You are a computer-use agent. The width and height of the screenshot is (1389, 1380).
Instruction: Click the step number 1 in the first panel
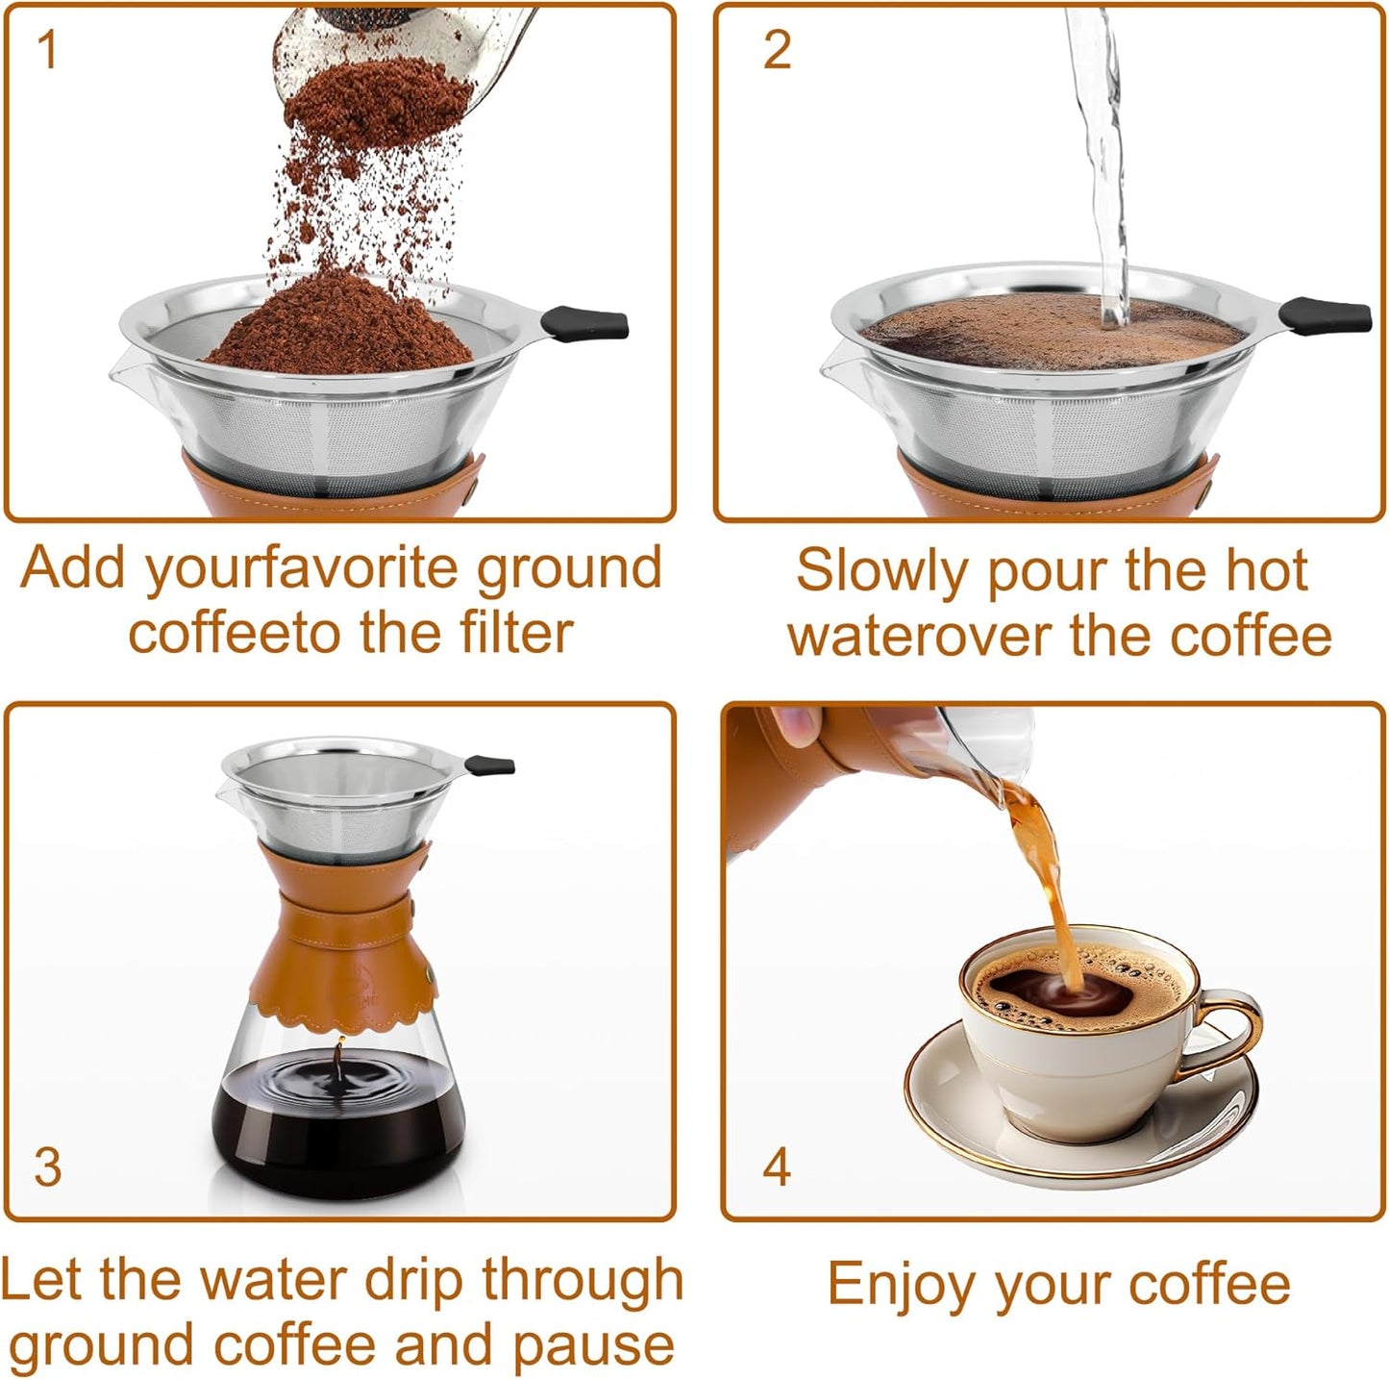click(47, 50)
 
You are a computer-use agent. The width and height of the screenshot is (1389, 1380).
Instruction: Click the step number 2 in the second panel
click(777, 50)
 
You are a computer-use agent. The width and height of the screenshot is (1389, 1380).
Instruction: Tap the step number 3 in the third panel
click(47, 1166)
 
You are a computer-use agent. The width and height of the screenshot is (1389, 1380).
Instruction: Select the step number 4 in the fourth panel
click(777, 1166)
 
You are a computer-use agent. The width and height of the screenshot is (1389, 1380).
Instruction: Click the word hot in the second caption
click(1263, 570)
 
